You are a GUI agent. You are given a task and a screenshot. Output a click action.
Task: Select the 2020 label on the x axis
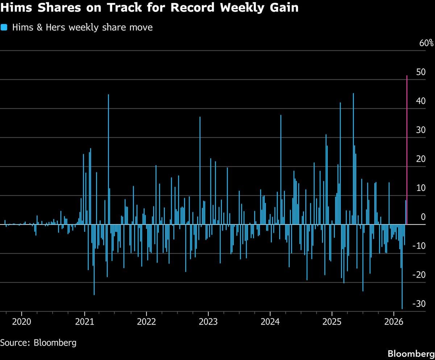(22, 322)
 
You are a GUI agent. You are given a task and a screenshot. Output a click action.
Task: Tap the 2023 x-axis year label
(208, 322)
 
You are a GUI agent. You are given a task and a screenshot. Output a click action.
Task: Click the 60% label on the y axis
(426, 43)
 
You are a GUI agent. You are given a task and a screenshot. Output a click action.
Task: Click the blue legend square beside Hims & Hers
(4, 27)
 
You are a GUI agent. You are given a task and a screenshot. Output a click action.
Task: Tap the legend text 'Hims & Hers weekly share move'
(82, 27)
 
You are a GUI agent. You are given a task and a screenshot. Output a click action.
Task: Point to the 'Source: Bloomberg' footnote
(38, 343)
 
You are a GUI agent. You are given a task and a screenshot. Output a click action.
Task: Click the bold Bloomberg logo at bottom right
(411, 353)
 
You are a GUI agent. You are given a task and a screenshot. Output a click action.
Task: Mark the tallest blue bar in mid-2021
(108, 159)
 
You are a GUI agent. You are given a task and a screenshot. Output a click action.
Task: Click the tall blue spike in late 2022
(200, 170)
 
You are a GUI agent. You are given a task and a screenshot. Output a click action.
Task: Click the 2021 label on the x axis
(84, 322)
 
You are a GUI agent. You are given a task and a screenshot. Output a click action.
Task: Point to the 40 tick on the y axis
(421, 101)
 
